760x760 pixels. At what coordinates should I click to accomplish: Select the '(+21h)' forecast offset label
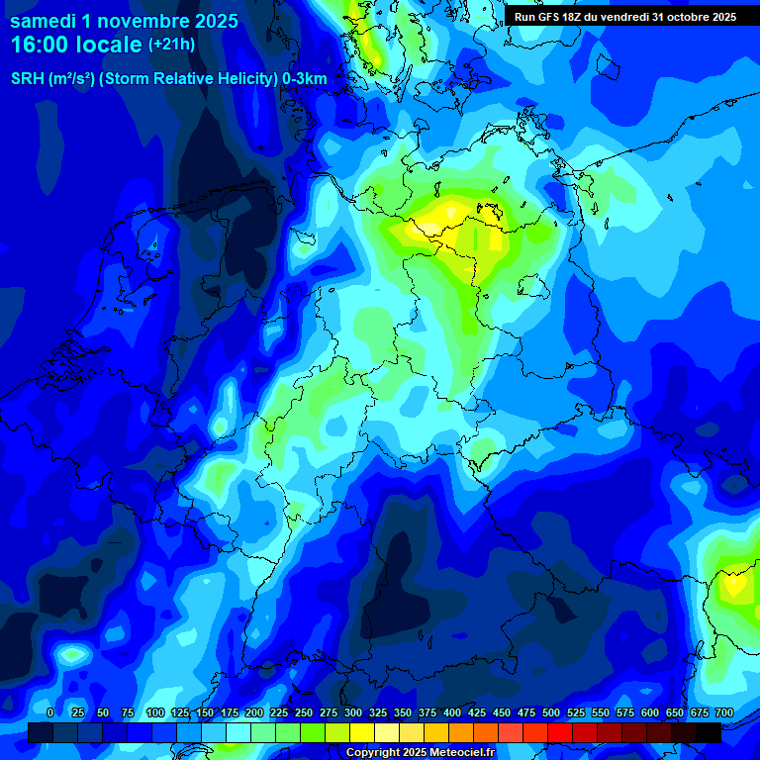(x=171, y=45)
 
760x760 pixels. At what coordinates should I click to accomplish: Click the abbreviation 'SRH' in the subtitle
(x=29, y=79)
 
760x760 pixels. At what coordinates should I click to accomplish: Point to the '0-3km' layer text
(x=305, y=79)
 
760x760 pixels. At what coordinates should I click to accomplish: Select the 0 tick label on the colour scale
(x=50, y=712)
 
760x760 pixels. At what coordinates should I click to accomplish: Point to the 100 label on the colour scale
(x=154, y=712)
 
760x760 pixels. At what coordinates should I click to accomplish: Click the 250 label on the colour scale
(x=303, y=712)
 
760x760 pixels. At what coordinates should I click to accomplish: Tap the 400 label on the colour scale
(x=451, y=712)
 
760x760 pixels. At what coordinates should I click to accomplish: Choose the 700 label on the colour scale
(x=723, y=712)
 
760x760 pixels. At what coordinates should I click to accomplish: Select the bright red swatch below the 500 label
(x=560, y=732)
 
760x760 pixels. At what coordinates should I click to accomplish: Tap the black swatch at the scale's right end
(x=709, y=732)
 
